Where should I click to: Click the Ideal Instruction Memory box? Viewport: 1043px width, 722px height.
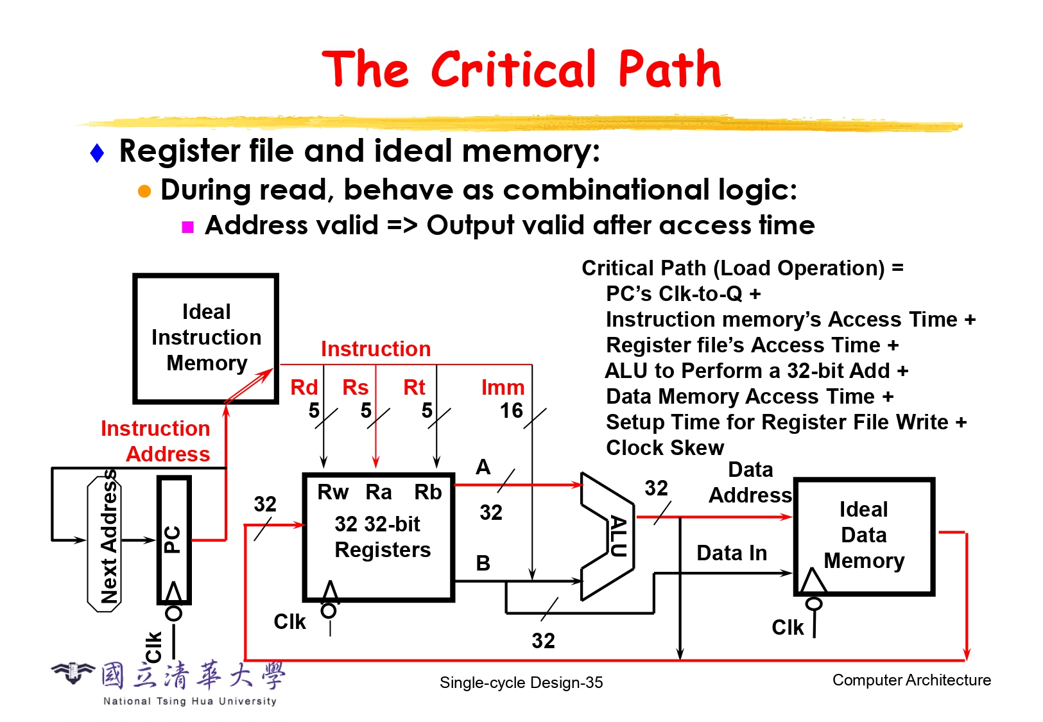point(205,338)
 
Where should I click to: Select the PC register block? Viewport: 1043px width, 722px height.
point(173,540)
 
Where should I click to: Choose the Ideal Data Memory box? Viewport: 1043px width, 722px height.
point(864,535)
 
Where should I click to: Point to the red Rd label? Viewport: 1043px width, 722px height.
point(304,388)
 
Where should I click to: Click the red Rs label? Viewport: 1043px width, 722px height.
point(355,388)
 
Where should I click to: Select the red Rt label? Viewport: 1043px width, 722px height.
point(414,388)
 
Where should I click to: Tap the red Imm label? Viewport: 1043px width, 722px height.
point(503,388)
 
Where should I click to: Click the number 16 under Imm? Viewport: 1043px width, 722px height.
point(511,411)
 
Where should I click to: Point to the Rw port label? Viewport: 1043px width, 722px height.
point(332,492)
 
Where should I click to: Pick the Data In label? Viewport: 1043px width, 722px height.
point(732,553)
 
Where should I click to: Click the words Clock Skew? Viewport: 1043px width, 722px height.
point(665,448)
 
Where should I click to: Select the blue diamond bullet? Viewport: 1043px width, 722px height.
point(98,153)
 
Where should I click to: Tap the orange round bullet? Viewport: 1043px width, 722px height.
point(144,191)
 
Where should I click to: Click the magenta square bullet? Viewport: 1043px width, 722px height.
point(188,227)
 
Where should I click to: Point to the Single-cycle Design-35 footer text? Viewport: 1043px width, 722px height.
point(521,683)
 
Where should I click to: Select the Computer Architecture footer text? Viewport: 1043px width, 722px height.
point(911,680)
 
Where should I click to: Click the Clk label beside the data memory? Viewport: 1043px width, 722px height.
point(787,627)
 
